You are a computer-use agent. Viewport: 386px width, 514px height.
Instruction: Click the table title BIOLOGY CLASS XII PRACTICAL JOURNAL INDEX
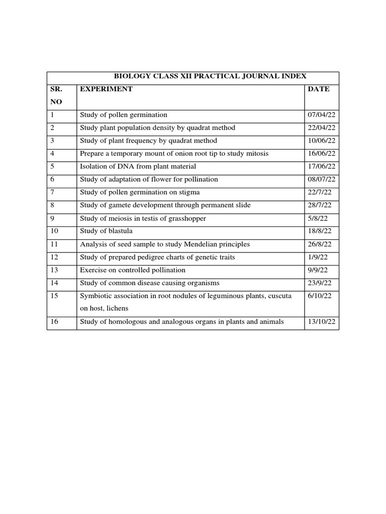click(x=210, y=76)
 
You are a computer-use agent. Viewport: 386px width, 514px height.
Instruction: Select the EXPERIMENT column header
click(x=107, y=89)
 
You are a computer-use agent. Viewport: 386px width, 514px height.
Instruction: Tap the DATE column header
click(x=319, y=89)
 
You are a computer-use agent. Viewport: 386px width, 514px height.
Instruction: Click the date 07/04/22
click(x=321, y=115)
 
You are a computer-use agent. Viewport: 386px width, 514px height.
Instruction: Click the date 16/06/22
click(x=321, y=154)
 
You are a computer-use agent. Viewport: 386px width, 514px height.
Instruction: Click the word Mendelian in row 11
click(x=198, y=244)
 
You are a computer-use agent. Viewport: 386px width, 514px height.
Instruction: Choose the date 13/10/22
click(x=321, y=322)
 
